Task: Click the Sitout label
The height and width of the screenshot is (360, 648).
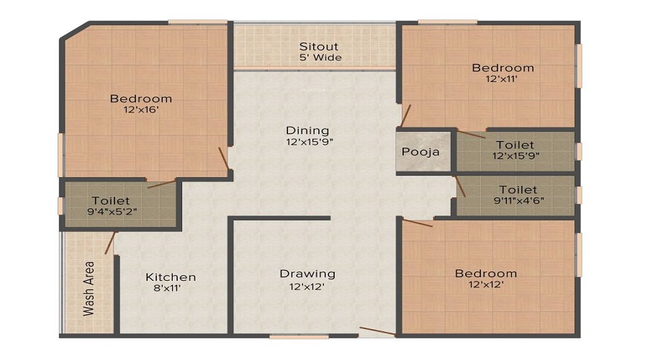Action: (319, 46)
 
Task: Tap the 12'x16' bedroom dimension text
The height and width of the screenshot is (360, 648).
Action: (141, 110)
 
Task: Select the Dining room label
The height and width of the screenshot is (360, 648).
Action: (307, 130)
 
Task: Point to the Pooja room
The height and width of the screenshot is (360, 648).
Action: (420, 152)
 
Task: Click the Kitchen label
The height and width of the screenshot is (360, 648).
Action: (171, 277)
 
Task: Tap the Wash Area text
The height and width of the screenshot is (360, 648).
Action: (89, 289)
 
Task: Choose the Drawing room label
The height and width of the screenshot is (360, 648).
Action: (307, 274)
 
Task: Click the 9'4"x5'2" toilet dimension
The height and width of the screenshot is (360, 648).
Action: (112, 212)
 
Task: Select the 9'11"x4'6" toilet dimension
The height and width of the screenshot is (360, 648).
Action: (518, 201)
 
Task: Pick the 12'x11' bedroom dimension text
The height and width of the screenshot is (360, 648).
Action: (502, 78)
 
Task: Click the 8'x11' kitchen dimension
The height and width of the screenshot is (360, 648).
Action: (167, 288)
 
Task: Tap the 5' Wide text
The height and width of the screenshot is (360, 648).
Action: (320, 58)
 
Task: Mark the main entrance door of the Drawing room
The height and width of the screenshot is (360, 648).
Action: (377, 331)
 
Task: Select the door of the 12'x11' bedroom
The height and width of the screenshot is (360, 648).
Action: (405, 116)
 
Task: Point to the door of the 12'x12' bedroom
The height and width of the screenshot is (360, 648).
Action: (418, 223)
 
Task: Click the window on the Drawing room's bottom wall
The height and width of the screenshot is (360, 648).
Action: (300, 337)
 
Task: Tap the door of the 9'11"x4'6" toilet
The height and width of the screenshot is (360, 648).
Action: (460, 186)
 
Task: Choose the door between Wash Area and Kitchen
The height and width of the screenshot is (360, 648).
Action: (110, 243)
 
